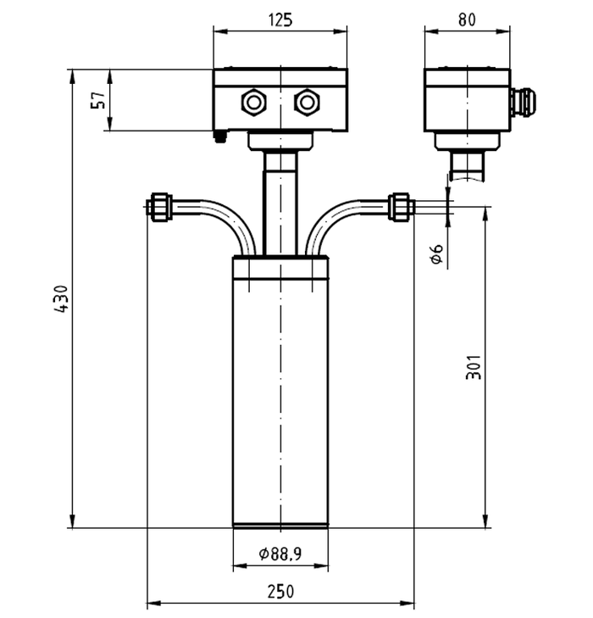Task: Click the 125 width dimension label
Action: (x=280, y=20)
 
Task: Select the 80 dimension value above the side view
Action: (x=467, y=19)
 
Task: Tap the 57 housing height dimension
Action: (x=99, y=100)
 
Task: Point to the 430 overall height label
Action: (x=62, y=299)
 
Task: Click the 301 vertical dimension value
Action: (x=474, y=367)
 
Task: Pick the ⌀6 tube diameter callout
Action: (x=436, y=254)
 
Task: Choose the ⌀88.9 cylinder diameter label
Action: (x=280, y=554)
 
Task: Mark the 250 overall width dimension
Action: (x=280, y=592)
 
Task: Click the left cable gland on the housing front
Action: (x=253, y=103)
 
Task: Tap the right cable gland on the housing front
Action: (x=307, y=103)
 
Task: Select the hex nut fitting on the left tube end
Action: (x=159, y=207)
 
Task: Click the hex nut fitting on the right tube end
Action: (x=402, y=207)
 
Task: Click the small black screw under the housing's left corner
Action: (x=220, y=136)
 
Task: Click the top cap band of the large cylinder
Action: (x=280, y=268)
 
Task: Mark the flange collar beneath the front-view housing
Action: (x=280, y=141)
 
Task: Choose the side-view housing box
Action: (x=467, y=100)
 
